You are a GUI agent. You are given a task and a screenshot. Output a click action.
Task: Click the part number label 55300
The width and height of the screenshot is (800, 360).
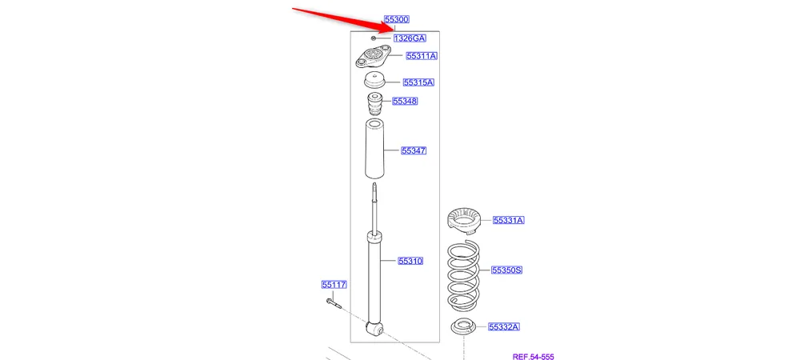tap(397, 19)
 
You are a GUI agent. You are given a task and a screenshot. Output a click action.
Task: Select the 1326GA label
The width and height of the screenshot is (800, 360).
tap(409, 38)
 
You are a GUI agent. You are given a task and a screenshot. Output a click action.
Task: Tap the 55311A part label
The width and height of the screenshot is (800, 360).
tap(421, 56)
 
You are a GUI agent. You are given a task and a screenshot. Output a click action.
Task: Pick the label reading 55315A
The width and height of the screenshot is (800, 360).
tap(418, 82)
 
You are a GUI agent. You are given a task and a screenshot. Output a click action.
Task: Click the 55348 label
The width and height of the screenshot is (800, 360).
tap(405, 102)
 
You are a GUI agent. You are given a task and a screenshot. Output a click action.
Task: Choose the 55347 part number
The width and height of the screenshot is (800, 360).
tap(414, 150)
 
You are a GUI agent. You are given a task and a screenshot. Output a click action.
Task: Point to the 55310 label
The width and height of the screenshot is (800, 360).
tap(410, 261)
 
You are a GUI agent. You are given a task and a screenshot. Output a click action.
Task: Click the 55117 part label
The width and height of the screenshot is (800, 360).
tap(334, 284)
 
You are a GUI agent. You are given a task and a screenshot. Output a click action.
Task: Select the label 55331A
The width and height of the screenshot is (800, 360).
tap(508, 220)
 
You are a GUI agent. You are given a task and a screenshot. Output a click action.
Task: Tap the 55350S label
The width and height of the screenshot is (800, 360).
tap(506, 270)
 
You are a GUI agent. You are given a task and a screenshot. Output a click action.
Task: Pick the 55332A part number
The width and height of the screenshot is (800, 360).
tap(504, 326)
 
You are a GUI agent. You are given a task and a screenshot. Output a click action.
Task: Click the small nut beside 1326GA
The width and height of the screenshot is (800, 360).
tap(374, 38)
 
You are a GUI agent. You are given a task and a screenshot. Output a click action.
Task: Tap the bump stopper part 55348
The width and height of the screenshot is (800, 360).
tap(374, 106)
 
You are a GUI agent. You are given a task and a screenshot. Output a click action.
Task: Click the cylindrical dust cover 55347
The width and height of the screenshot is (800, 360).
tap(373, 150)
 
